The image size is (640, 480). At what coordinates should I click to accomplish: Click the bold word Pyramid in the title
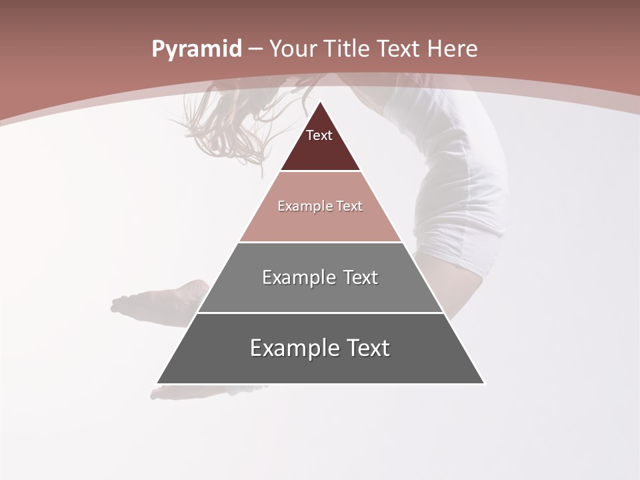coord(196,49)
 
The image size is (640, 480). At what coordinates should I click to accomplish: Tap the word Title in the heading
coord(348,49)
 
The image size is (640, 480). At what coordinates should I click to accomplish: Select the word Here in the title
coord(453,49)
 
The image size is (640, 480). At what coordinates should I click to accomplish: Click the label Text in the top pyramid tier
coord(319,136)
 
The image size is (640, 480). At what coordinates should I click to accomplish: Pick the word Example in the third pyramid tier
coord(297,277)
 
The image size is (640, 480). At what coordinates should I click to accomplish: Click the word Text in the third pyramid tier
coord(361,277)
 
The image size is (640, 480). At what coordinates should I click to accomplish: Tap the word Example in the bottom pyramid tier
coord(290,348)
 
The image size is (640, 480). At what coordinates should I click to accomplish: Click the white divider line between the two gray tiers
coord(320,313)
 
